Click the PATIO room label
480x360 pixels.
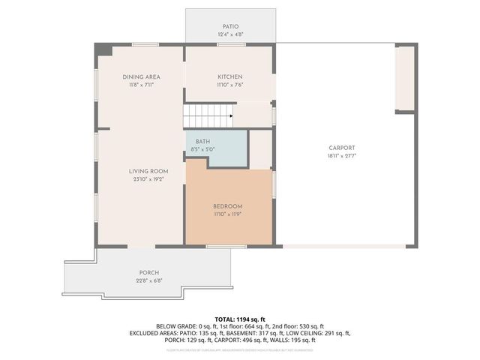pos(229,26)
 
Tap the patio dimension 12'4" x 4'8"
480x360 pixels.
pos(229,34)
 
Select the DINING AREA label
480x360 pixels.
pos(141,76)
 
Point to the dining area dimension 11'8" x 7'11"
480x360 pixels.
pos(141,85)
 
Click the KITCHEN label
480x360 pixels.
pos(229,76)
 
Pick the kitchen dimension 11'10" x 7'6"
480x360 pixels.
pos(229,85)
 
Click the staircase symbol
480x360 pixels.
pos(208,117)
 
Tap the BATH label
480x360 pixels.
pos(202,141)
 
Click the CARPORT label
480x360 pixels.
pos(341,148)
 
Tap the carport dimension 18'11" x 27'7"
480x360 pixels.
pos(341,156)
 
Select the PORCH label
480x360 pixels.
pos(148,272)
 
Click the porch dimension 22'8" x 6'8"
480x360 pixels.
pos(148,280)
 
